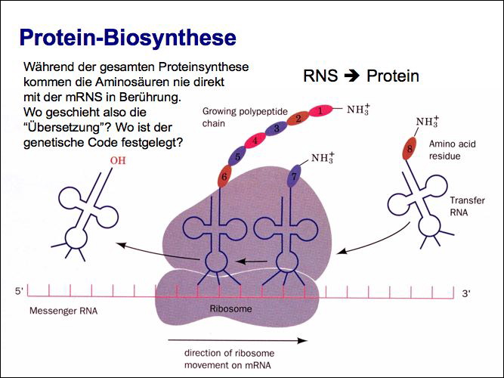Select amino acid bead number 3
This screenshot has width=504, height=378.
(x=277, y=129)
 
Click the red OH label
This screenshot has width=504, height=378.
(x=119, y=160)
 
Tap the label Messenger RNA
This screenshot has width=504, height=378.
(x=63, y=311)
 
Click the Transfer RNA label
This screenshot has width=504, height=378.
(x=467, y=206)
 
